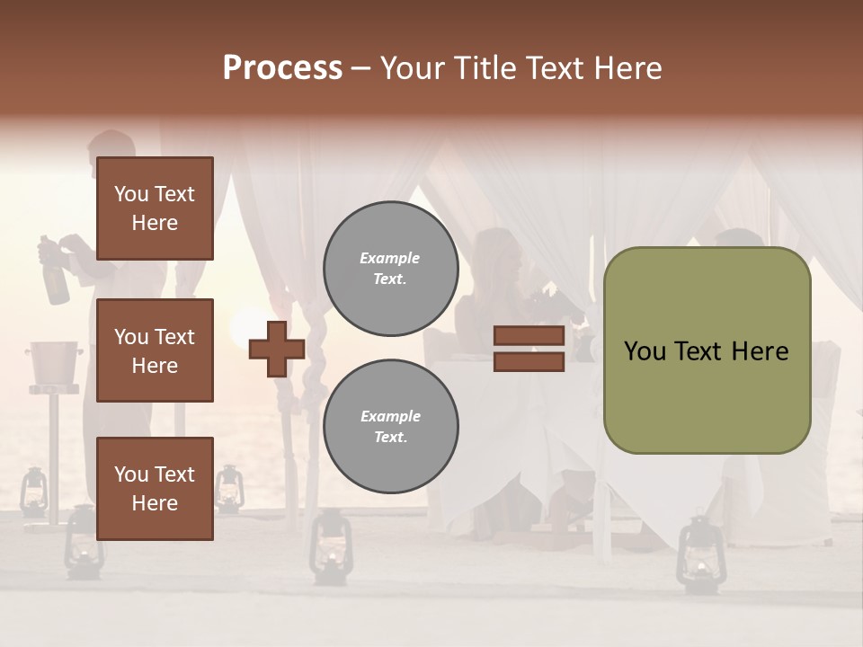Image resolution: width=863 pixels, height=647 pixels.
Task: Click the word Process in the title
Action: [x=282, y=68]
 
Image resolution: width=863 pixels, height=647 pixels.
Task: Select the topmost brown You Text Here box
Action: [x=155, y=208]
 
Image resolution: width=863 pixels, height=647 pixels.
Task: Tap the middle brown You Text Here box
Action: [x=155, y=350]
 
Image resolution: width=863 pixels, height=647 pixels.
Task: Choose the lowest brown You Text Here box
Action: [x=155, y=489]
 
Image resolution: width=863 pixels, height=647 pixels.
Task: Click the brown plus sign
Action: [x=277, y=349]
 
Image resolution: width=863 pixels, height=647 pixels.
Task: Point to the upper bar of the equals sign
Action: [x=529, y=336]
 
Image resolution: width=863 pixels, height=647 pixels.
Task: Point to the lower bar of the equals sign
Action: [x=529, y=362]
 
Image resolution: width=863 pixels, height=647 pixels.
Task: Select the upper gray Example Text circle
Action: [x=390, y=269]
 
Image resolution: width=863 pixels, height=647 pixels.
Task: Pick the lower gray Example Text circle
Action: [x=390, y=427]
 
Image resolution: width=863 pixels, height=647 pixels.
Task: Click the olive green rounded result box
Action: [x=707, y=350]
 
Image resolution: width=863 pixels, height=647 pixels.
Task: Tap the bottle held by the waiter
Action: [x=55, y=274]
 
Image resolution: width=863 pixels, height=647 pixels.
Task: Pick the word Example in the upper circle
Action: [x=390, y=259]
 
